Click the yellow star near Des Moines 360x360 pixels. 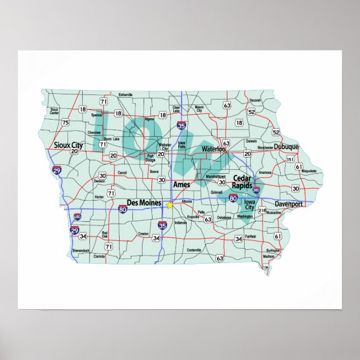(169, 205)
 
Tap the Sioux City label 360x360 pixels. (68, 145)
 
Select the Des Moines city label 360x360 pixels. (144, 202)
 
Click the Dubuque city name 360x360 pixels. (287, 147)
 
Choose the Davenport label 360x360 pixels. (289, 204)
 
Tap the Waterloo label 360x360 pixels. (213, 149)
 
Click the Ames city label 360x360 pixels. (181, 184)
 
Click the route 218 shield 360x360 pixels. (262, 210)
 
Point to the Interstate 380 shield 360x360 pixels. (256, 191)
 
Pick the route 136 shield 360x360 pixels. (266, 268)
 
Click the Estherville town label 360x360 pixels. (126, 95)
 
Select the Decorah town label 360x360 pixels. (255, 100)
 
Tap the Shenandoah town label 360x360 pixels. (80, 250)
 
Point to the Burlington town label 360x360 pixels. (273, 251)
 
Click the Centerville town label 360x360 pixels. (194, 249)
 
